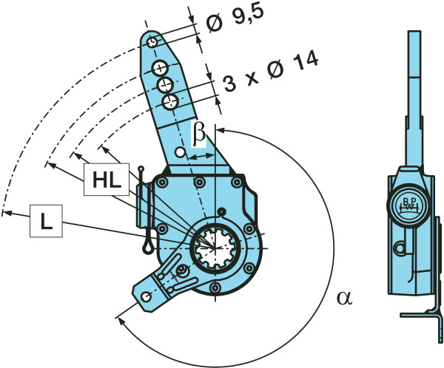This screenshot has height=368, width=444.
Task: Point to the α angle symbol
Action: click(x=343, y=297)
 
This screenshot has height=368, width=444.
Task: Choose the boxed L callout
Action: click(x=46, y=222)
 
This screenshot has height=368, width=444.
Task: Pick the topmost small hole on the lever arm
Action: click(x=152, y=41)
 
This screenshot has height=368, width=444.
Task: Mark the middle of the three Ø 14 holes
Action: click(x=165, y=84)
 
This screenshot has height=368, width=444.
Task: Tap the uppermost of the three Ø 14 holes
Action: click(x=159, y=69)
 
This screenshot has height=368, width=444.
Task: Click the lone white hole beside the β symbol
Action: click(x=180, y=153)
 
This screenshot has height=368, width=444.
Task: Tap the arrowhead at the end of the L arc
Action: click(x=6, y=213)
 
